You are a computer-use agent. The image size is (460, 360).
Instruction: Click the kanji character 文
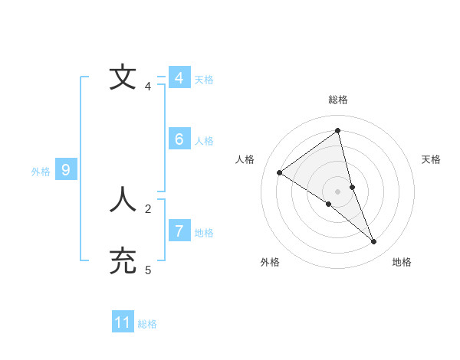pyautogui.click(x=123, y=77)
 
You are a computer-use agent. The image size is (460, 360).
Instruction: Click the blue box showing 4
pyautogui.click(x=179, y=78)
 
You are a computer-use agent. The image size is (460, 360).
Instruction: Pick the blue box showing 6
pyautogui.click(x=179, y=139)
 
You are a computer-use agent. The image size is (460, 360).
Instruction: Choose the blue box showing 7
pyautogui.click(x=179, y=231)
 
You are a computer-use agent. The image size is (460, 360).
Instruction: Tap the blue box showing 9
pyautogui.click(x=66, y=170)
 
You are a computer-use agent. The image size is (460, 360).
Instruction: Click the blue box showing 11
pyautogui.click(x=123, y=322)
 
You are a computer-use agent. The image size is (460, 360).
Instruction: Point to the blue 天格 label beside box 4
pyautogui.click(x=204, y=80)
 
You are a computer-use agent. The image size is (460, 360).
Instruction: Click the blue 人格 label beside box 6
pyautogui.click(x=204, y=141)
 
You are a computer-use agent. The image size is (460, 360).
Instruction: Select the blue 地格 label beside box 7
pyautogui.click(x=204, y=232)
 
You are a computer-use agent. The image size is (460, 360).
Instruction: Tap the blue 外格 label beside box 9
pyautogui.click(x=41, y=172)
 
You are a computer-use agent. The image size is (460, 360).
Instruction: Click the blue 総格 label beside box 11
pyautogui.click(x=147, y=324)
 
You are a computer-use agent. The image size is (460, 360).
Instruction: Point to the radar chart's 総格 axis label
pyautogui.click(x=338, y=100)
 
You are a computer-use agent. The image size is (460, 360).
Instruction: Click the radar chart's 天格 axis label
pyautogui.click(x=431, y=159)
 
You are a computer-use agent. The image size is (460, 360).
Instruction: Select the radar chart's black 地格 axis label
pyautogui.click(x=402, y=263)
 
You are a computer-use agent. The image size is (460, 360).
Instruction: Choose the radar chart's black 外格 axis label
pyautogui.click(x=270, y=263)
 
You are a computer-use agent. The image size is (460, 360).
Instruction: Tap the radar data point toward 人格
pyautogui.click(x=280, y=172)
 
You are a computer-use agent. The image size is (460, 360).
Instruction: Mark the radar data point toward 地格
pyautogui.click(x=374, y=241)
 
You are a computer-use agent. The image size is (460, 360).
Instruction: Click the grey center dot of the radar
pyautogui.click(x=337, y=191)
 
